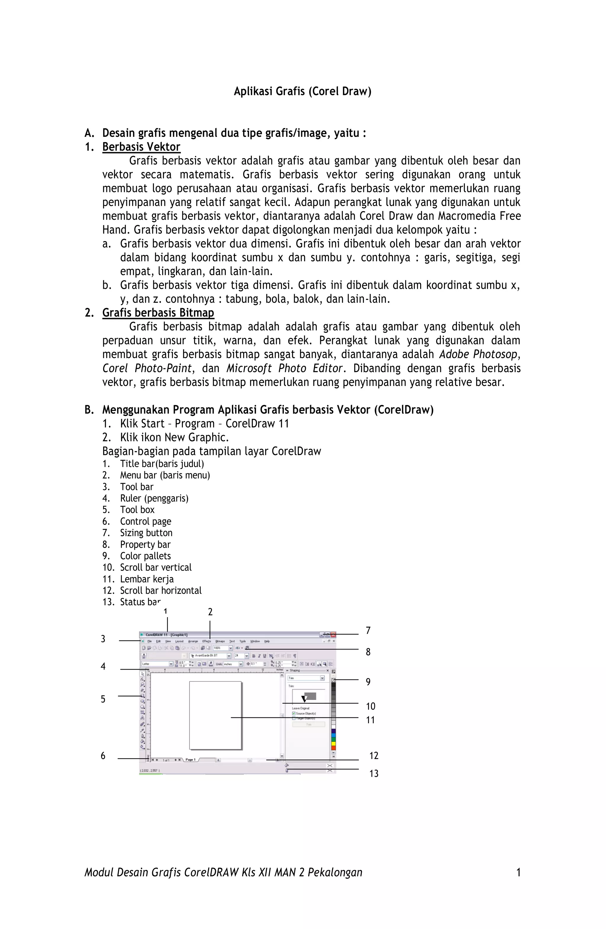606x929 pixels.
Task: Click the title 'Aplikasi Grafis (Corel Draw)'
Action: click(302, 91)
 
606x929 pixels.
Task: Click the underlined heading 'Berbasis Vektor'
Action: click(141, 147)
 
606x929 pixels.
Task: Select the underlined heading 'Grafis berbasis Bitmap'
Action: click(158, 313)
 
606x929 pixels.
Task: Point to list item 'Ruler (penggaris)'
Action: click(154, 498)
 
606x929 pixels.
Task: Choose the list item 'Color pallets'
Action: click(145, 556)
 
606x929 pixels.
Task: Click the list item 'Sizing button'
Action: click(146, 533)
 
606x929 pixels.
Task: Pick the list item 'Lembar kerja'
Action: click(146, 579)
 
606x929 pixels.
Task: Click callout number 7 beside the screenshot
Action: click(368, 631)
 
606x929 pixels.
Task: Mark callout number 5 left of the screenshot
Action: click(103, 699)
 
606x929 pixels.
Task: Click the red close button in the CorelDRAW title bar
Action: click(333, 635)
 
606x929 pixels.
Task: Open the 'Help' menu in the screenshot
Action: click(267, 641)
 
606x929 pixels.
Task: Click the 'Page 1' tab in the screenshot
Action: click(190, 760)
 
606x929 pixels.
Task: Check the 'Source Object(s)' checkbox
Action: click(294, 714)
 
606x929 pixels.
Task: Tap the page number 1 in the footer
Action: click(518, 873)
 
